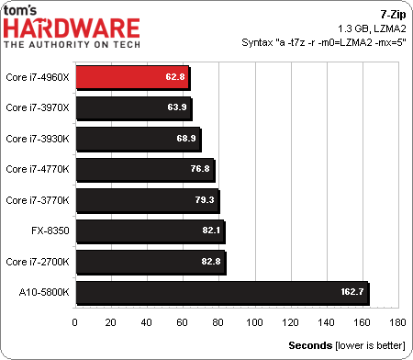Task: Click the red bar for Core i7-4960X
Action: [131, 78]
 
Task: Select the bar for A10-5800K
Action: [220, 292]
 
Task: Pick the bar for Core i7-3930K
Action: [137, 140]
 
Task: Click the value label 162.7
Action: [349, 292]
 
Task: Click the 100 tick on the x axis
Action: [254, 322]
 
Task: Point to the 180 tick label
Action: [397, 322]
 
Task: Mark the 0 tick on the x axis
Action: [74, 322]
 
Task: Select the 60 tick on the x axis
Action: [183, 322]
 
